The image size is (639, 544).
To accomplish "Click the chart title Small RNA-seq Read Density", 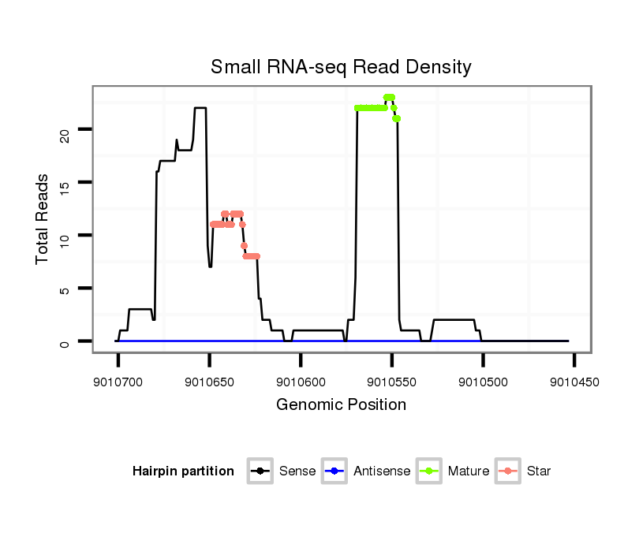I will point(341,67).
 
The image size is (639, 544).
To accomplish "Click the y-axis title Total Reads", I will point(43,219).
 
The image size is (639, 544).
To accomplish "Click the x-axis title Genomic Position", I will point(341,405).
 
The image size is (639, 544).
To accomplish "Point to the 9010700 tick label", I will point(118,382).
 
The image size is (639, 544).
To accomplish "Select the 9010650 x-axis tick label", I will point(209,382).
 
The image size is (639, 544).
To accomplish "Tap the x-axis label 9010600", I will point(301,382).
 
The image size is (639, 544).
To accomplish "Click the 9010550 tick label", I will point(392,382).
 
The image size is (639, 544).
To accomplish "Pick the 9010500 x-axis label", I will point(483,382).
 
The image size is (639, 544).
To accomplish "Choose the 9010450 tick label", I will point(574,382).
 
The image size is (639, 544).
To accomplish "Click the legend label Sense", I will point(297,471).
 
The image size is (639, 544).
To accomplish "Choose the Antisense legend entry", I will point(381,471).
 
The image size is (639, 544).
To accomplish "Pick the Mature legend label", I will point(468,471).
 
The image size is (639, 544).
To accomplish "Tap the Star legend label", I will point(539,471).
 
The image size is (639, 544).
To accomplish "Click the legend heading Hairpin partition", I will point(183,471).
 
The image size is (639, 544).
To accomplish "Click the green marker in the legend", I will point(428,471).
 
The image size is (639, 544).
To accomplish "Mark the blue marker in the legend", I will point(334,471).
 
